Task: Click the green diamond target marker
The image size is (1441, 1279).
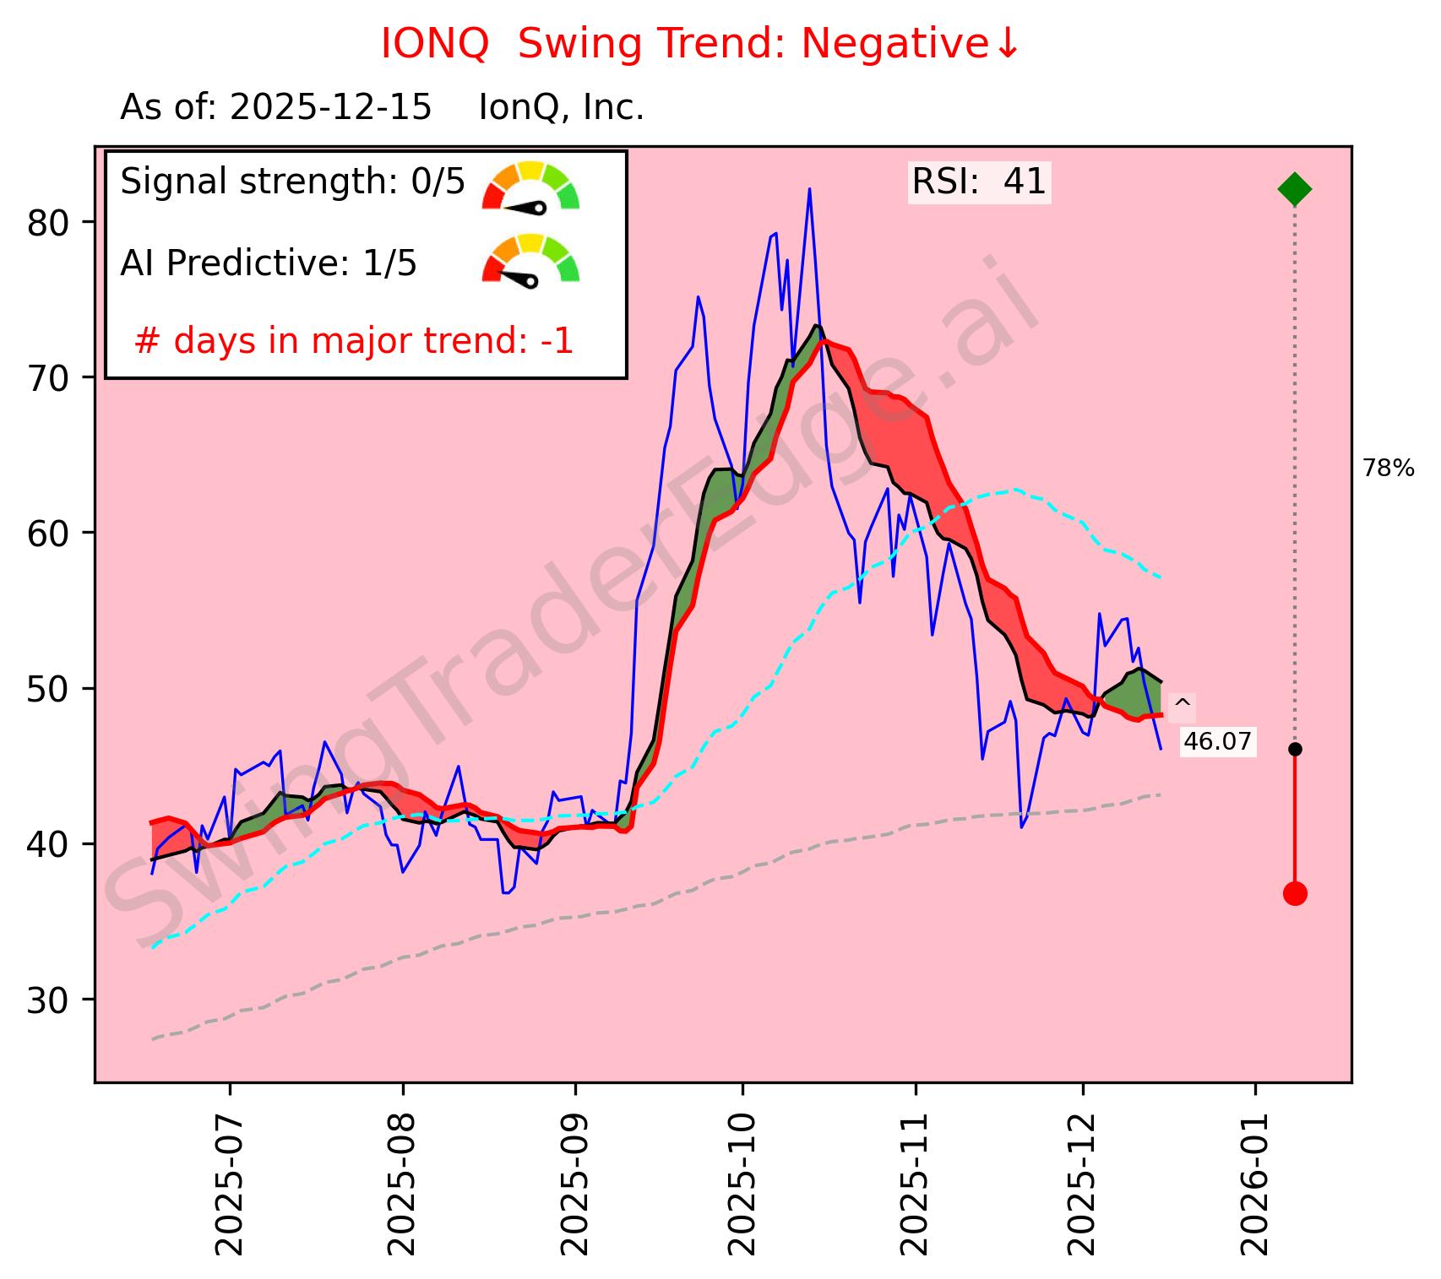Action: (x=1294, y=188)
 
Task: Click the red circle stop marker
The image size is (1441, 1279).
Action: (x=1295, y=893)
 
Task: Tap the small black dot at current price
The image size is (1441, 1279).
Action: (x=1295, y=749)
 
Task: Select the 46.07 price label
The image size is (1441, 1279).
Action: (x=1217, y=742)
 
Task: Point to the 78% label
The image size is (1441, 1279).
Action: (x=1388, y=469)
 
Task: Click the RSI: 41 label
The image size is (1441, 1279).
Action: (x=979, y=182)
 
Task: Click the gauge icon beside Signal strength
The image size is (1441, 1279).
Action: (x=530, y=186)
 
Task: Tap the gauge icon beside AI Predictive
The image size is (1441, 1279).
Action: (x=530, y=259)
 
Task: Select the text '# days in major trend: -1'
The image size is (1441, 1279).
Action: (x=354, y=342)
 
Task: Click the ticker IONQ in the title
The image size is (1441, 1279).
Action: (x=434, y=44)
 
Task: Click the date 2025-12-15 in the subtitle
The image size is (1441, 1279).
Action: (x=330, y=108)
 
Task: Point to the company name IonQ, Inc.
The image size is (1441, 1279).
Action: (x=562, y=108)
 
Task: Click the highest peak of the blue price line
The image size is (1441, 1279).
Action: (x=809, y=189)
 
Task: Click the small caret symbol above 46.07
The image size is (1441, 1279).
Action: (x=1182, y=704)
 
